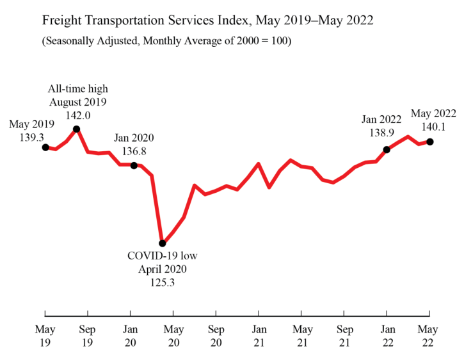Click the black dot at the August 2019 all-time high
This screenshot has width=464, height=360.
(x=77, y=129)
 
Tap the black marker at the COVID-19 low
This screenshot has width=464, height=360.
(x=163, y=243)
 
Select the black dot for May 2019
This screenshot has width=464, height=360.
(x=45, y=147)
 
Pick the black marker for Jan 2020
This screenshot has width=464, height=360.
(x=134, y=165)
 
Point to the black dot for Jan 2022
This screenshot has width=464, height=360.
(x=387, y=150)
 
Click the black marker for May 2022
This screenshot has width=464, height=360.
(x=429, y=142)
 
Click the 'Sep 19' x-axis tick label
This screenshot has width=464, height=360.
(x=88, y=336)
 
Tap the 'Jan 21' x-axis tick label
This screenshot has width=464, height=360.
(x=259, y=336)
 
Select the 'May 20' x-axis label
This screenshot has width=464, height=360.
(x=173, y=336)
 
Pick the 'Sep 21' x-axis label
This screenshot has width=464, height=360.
(x=344, y=336)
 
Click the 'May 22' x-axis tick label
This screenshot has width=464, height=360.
(x=429, y=336)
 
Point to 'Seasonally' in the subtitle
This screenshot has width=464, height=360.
(x=71, y=42)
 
